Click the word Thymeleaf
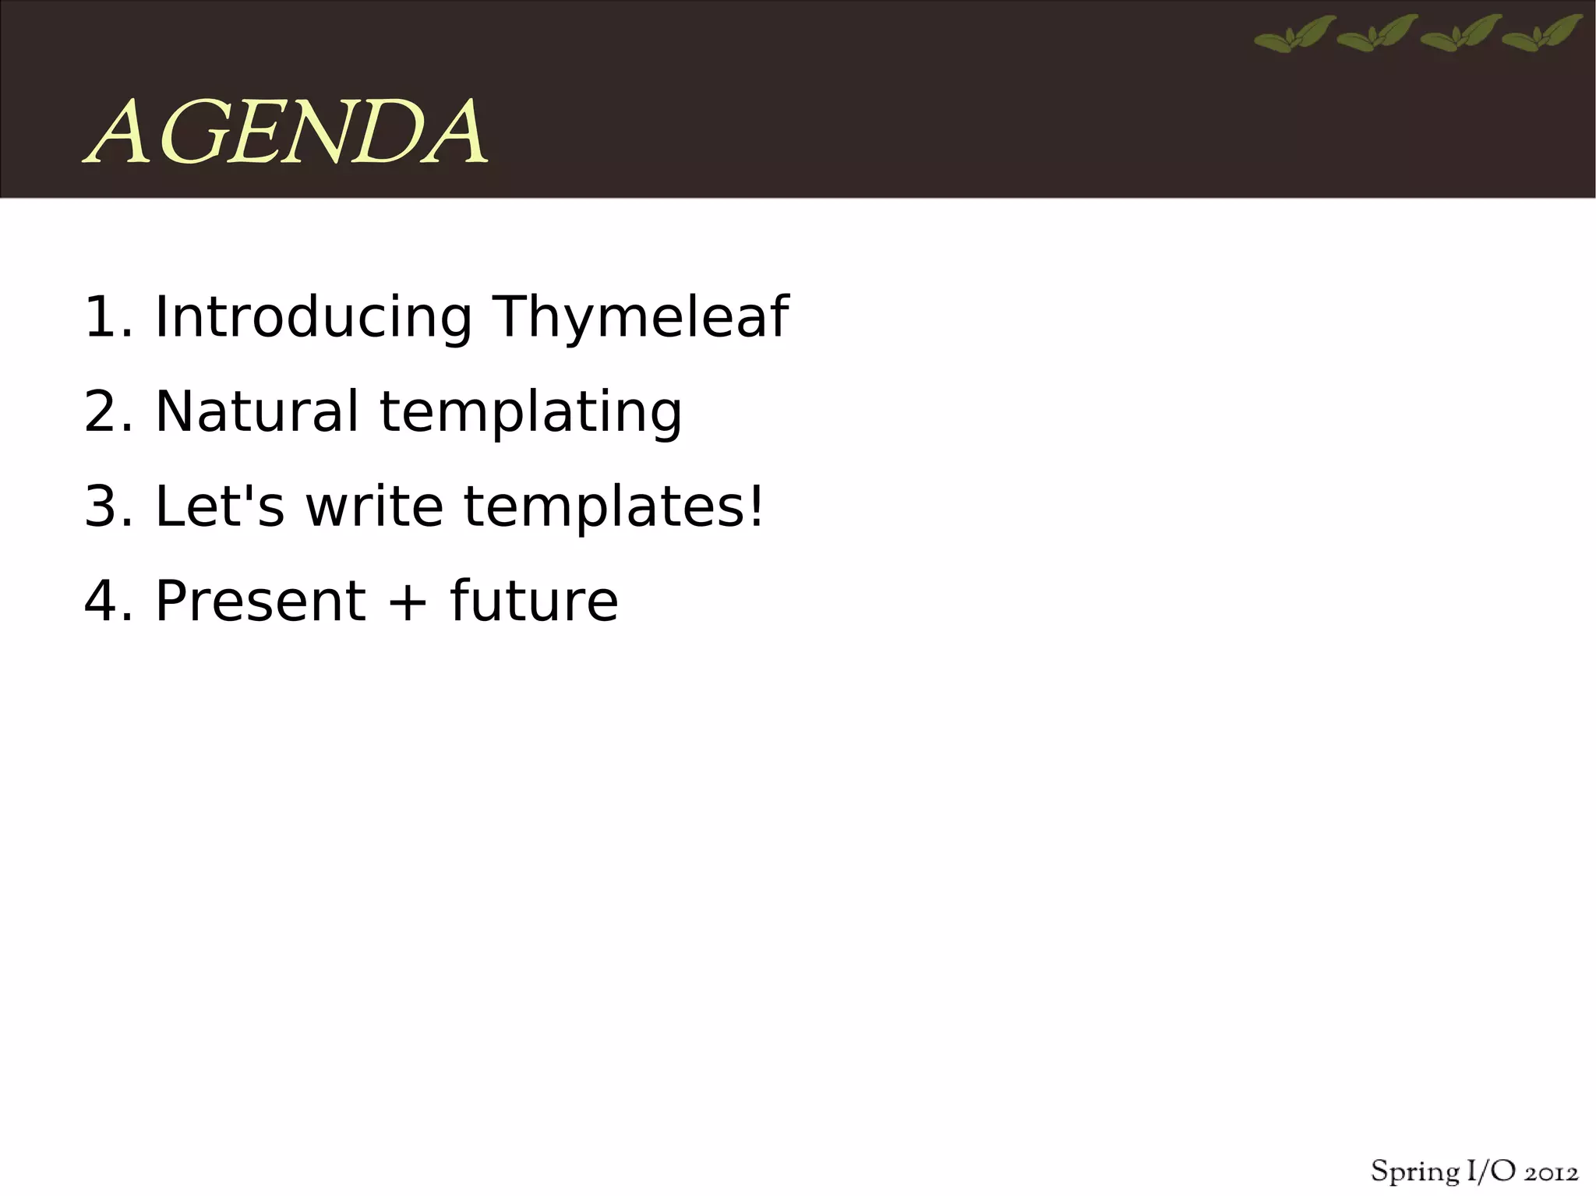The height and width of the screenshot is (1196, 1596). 640,317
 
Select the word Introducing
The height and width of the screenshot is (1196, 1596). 313,317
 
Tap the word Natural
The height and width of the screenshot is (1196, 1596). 256,411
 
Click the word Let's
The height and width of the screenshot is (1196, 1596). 220,506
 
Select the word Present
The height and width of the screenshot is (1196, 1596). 260,602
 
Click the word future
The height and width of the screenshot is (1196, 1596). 534,602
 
